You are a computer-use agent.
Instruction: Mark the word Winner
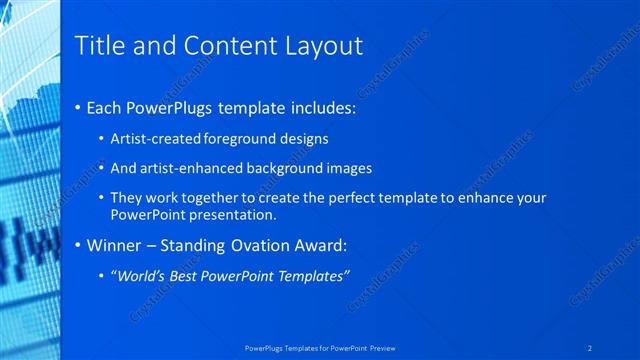click(x=115, y=245)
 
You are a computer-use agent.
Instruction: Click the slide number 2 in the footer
click(x=592, y=348)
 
